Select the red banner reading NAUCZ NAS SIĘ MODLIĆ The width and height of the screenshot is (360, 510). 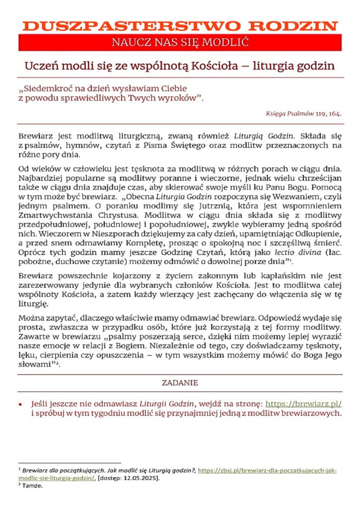pyautogui.click(x=180, y=42)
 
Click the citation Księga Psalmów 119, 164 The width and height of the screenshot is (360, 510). pyautogui.click(x=304, y=114)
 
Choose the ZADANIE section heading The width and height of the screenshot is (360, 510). pyautogui.click(x=180, y=383)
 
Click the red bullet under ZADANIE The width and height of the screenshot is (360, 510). pyautogui.click(x=20, y=404)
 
